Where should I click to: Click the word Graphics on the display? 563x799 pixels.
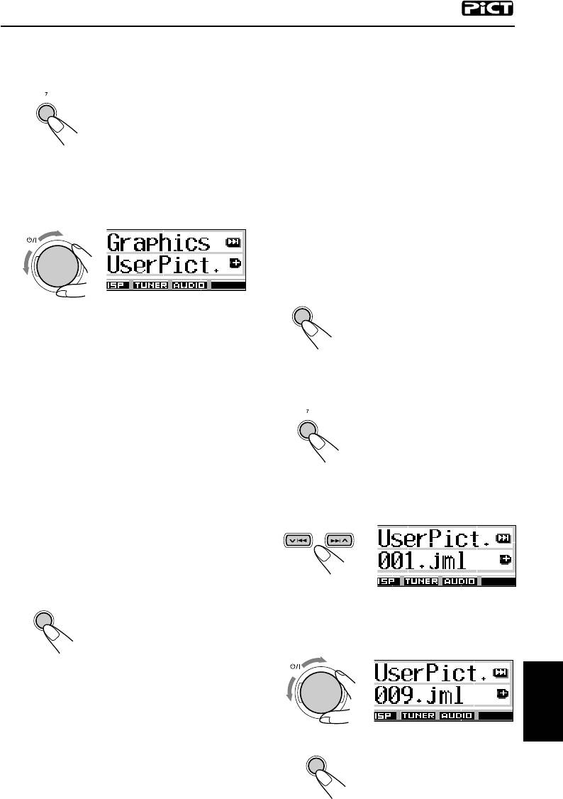pyautogui.click(x=159, y=243)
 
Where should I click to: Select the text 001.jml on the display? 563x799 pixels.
pyautogui.click(x=423, y=560)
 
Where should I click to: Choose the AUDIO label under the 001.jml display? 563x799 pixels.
pyautogui.click(x=460, y=581)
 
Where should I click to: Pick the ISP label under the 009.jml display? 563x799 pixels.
pyautogui.click(x=386, y=716)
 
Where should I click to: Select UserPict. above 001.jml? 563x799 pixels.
pyautogui.click(x=432, y=538)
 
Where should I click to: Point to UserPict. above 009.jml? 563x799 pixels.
pyautogui.click(x=429, y=671)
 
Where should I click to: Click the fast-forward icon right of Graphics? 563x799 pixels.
pyautogui.click(x=233, y=242)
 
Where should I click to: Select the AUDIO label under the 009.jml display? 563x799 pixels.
pyautogui.click(x=457, y=716)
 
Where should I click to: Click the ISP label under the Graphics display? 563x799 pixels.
pyautogui.click(x=116, y=285)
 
